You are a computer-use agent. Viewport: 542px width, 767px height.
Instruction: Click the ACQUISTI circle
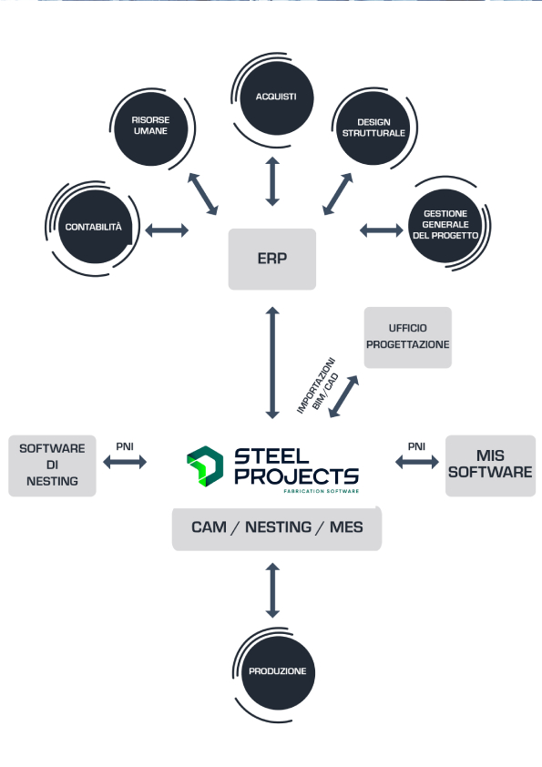tap(276, 97)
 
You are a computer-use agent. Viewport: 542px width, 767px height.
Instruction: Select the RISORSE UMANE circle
tap(150, 129)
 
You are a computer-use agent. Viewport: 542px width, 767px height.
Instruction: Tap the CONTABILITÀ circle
tap(95, 227)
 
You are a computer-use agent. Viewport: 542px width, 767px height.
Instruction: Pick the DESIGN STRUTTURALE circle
tap(373, 128)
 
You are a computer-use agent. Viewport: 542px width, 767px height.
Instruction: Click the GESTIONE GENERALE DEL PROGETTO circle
tap(445, 226)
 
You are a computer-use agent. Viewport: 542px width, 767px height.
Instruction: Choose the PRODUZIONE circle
tap(278, 672)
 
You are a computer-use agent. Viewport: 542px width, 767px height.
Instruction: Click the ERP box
tap(272, 260)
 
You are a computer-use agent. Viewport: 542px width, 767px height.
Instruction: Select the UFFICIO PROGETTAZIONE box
tap(407, 338)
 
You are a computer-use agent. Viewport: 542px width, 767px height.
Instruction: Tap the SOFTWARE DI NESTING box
tap(52, 465)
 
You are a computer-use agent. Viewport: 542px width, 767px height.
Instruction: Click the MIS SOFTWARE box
tap(490, 465)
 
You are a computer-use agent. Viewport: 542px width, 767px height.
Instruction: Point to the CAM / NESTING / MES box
tap(277, 528)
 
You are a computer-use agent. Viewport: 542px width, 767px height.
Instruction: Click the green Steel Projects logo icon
tap(205, 466)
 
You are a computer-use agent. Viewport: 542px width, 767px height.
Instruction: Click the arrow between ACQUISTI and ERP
tap(272, 181)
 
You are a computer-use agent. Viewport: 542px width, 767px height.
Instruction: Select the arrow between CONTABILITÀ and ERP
tap(167, 230)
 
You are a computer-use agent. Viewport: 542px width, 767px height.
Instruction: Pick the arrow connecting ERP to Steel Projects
tap(272, 363)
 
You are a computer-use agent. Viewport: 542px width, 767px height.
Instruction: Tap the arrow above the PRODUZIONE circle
tap(272, 590)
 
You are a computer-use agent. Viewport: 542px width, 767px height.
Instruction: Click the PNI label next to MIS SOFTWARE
tap(416, 446)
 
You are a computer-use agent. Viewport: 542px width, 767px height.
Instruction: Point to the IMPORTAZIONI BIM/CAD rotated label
tap(318, 385)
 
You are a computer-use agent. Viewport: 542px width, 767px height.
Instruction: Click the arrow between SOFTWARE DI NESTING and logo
tap(125, 462)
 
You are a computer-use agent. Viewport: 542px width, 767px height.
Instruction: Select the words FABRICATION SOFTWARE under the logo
tap(322, 491)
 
